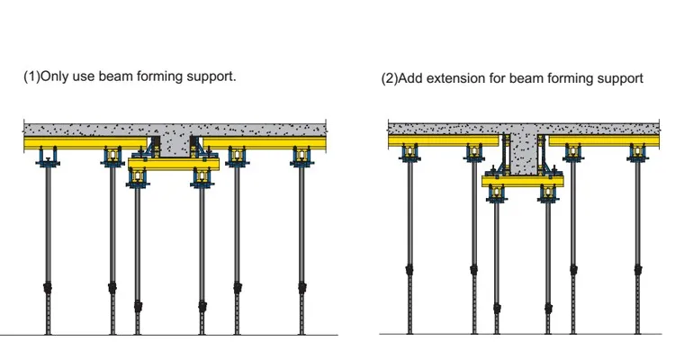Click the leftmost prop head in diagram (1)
pyautogui.click(x=47, y=158)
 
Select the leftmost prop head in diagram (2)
pyautogui.click(x=410, y=153)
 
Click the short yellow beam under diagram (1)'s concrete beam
pyautogui.click(x=174, y=165)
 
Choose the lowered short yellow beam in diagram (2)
pyautogui.click(x=522, y=181)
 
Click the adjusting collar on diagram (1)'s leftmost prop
pyautogui.click(x=47, y=289)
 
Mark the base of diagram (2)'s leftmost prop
pyautogui.click(x=410, y=330)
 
